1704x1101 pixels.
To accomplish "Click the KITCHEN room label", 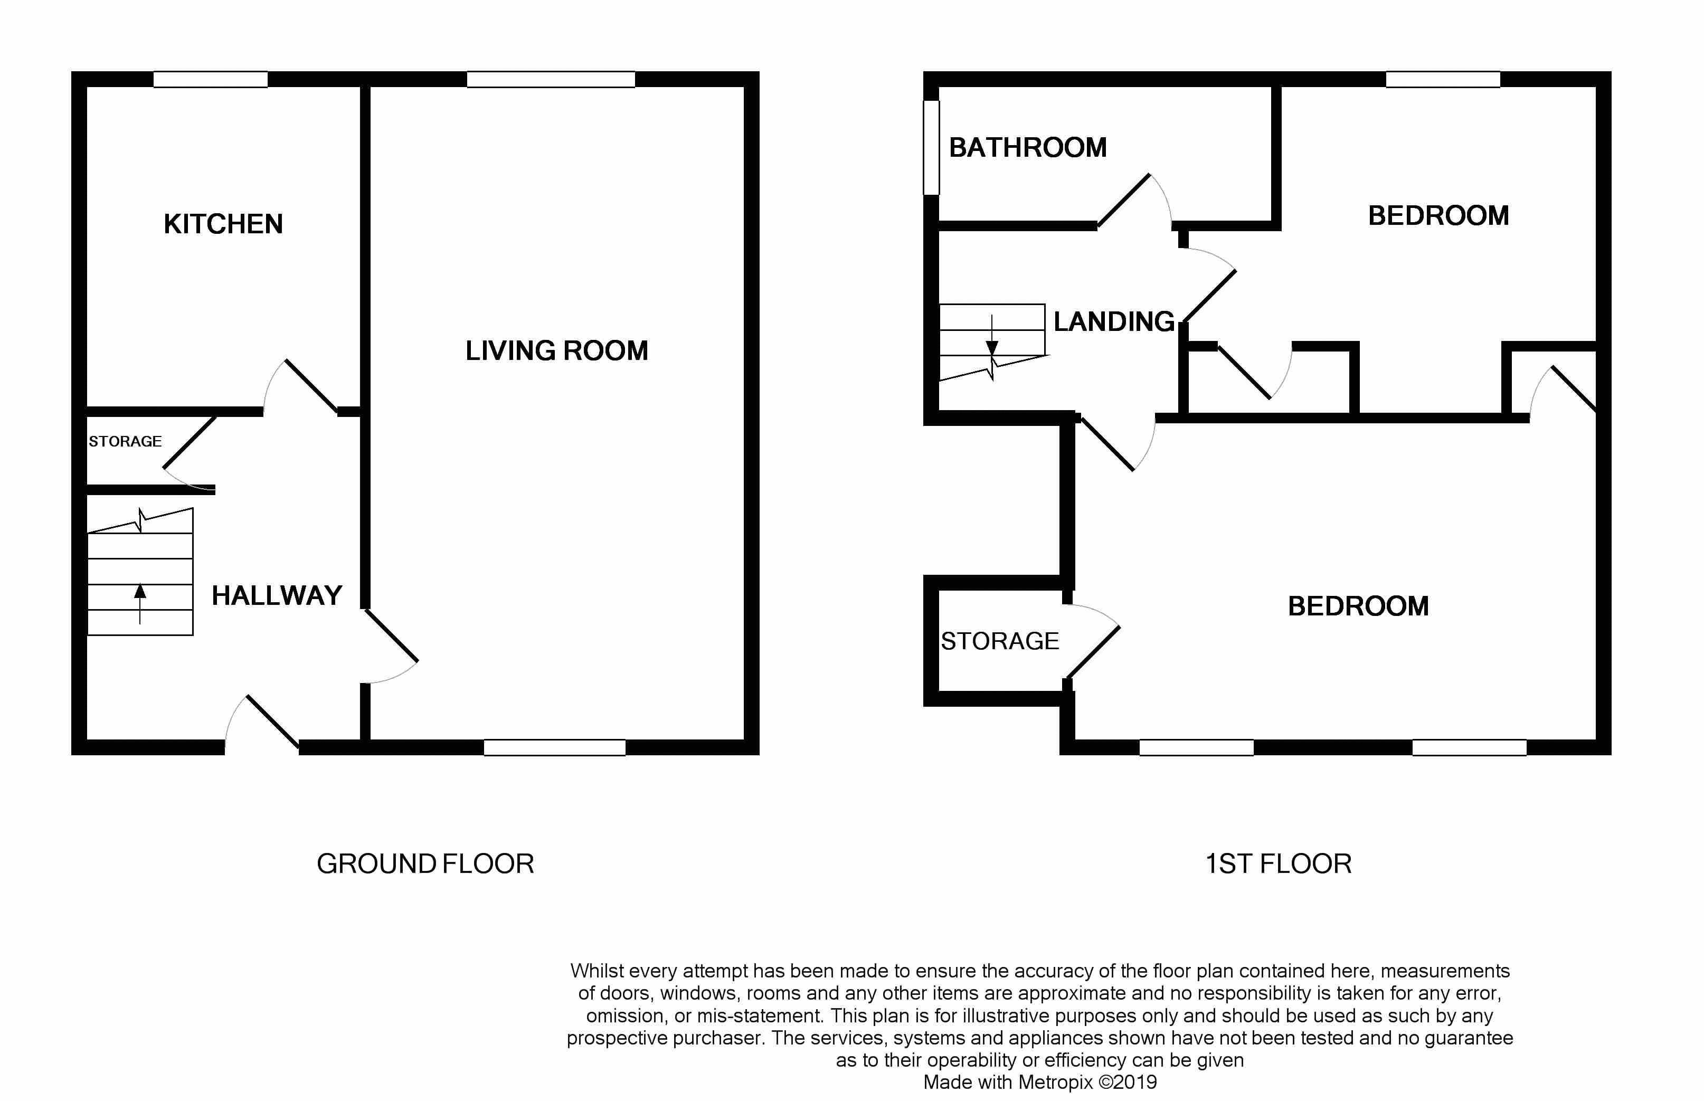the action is tap(223, 224).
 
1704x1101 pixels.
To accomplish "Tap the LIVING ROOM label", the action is tap(556, 350).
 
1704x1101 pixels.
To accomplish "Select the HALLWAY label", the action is tap(277, 595).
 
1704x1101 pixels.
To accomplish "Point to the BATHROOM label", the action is tap(1028, 147).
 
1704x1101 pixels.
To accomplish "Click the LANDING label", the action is tap(1114, 322).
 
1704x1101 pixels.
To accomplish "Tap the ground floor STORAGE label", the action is tap(125, 441).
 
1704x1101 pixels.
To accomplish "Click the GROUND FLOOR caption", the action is tap(425, 863).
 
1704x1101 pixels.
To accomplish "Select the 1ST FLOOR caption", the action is tap(1279, 863).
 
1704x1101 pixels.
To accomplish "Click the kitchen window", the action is tap(211, 79).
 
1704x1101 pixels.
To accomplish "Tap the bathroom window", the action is tap(931, 147).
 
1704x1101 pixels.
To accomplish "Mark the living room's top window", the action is tap(551, 79).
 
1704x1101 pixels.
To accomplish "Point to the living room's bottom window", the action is tap(555, 747).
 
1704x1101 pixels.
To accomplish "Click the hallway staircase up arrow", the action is tap(140, 604).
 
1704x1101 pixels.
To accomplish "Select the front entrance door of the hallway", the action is tap(262, 724).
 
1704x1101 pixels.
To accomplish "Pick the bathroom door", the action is tap(1134, 201).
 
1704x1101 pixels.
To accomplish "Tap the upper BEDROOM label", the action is tap(1438, 216).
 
